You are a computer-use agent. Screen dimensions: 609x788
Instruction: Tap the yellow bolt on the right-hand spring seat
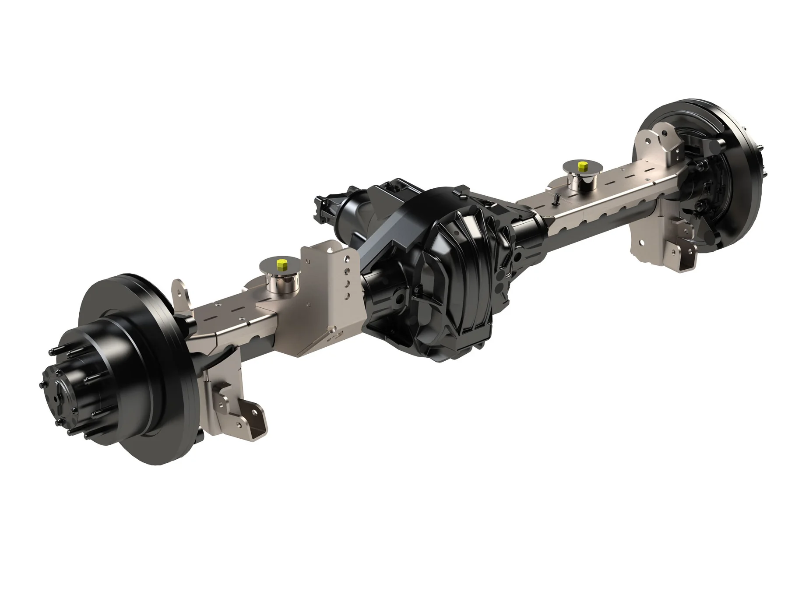point(583,166)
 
